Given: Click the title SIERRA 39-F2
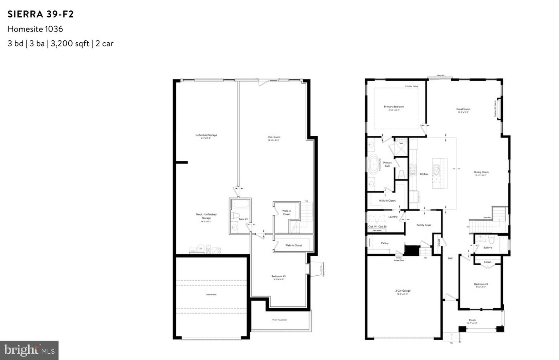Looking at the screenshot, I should click(x=41, y=14).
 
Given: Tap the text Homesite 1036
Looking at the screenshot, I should click(x=35, y=29).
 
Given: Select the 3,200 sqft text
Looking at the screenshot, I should click(x=70, y=43).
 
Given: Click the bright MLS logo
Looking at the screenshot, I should click(x=29, y=350).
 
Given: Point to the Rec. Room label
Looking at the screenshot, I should click(x=274, y=137).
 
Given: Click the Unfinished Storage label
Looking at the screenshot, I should click(x=206, y=135).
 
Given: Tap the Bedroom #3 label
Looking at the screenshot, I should click(x=278, y=277).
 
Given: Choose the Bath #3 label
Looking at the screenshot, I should click(x=243, y=219).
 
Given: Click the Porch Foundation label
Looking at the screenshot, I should click(x=279, y=320).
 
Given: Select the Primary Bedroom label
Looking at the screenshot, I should click(x=394, y=107).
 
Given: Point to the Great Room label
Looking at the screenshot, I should click(x=463, y=109).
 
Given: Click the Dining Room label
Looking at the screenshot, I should click(x=481, y=172).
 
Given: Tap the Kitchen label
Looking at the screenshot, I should click(x=424, y=174).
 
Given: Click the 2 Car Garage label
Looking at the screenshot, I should click(x=403, y=291).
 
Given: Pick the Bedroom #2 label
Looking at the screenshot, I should click(x=481, y=284).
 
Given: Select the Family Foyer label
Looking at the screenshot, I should click(x=424, y=225).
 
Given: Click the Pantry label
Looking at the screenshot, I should click(x=385, y=243).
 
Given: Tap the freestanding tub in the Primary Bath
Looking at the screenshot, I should click(x=374, y=164).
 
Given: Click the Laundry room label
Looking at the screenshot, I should click(x=393, y=217).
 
